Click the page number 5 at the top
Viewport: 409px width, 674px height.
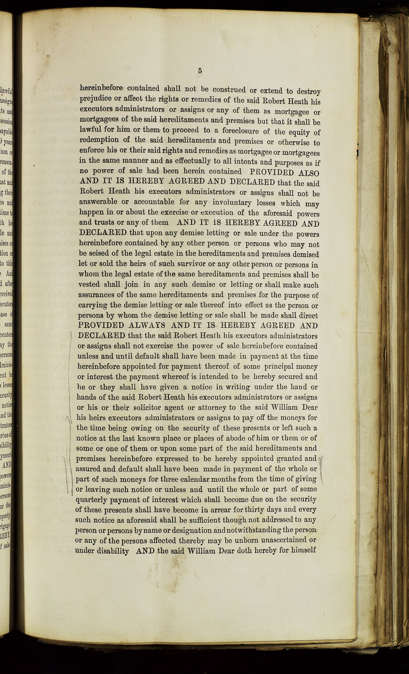tap(200, 71)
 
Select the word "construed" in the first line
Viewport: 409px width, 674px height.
tap(229, 90)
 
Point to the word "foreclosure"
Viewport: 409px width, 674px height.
tap(241, 131)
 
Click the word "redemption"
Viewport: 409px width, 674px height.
tap(99, 140)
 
